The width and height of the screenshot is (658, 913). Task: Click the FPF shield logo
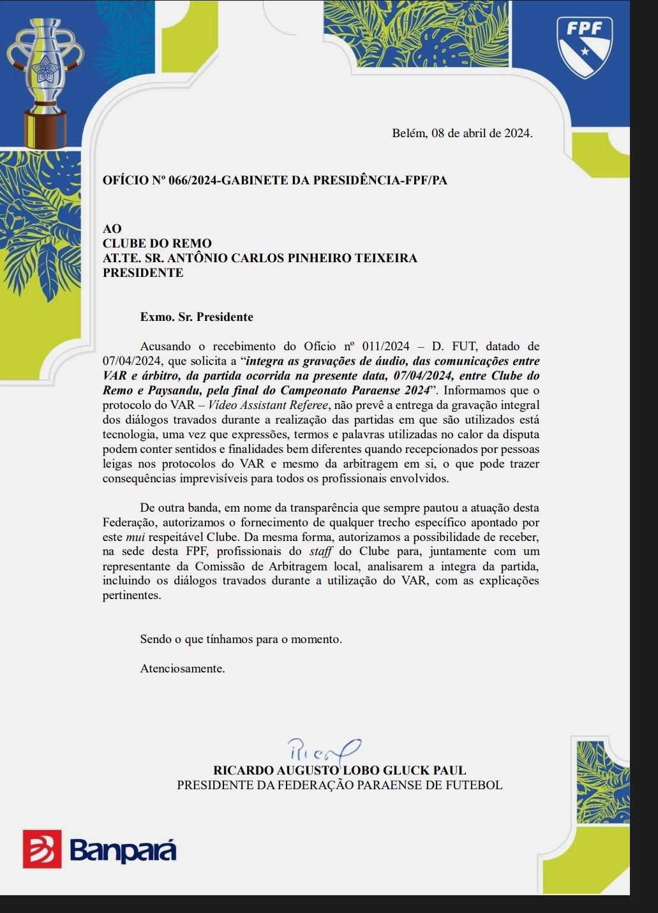click(584, 46)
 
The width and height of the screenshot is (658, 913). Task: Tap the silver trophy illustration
click(45, 80)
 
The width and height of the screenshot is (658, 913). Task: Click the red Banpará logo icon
click(42, 849)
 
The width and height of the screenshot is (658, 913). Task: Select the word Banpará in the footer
click(123, 850)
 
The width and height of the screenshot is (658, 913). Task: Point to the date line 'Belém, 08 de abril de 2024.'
click(461, 133)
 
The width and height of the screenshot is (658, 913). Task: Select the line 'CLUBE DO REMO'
click(157, 243)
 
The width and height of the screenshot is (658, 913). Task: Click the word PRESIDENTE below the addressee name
click(143, 273)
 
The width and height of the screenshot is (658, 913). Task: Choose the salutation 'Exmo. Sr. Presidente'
click(197, 317)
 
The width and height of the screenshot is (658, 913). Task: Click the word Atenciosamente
click(183, 669)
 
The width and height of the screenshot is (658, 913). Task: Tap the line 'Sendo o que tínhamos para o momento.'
click(241, 639)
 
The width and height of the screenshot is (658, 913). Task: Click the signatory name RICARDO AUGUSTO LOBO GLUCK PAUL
click(340, 771)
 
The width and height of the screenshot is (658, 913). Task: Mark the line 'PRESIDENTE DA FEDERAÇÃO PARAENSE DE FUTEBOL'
click(340, 785)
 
